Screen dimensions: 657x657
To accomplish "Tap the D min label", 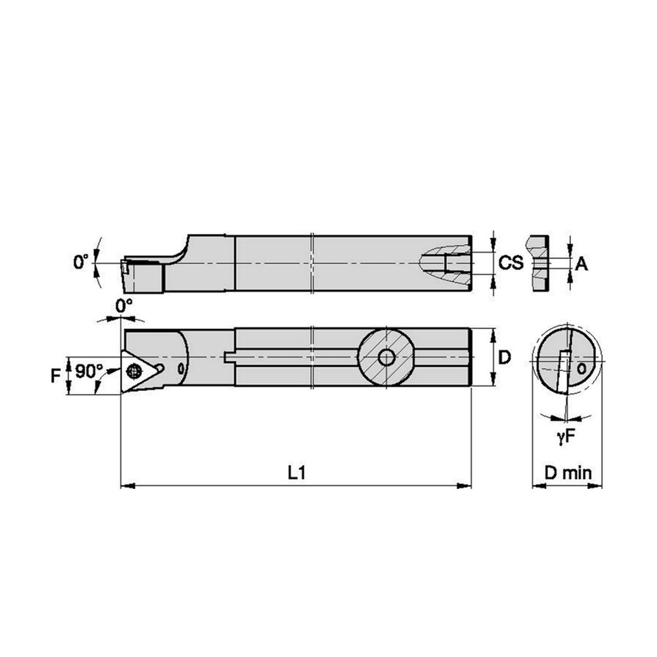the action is coord(568,473).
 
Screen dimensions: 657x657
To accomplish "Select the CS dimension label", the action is coord(511,263).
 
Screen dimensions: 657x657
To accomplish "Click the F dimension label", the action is coord(55,376).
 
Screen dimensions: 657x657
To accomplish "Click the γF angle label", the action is coord(564,437).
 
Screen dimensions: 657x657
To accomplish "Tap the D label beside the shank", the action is coord(505,358).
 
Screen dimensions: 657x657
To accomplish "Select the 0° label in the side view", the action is coord(81,262).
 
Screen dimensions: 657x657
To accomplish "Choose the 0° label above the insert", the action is coord(124,306).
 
